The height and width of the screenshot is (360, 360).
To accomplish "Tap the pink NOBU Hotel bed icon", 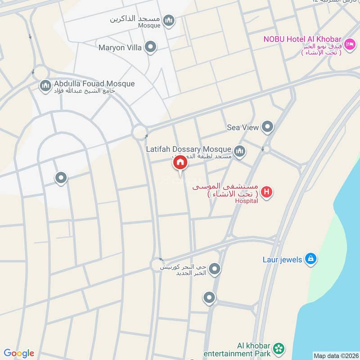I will point(351,44).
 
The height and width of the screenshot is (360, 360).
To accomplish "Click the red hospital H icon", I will point(267,192).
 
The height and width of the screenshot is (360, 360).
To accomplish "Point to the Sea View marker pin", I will point(268,127).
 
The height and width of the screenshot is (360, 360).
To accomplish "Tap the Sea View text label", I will point(243,127).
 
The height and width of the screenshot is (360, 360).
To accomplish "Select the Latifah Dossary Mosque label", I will point(189,148).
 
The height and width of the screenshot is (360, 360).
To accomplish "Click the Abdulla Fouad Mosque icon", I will point(45,85).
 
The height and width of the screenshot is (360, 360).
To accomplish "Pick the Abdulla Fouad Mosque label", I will point(94,84).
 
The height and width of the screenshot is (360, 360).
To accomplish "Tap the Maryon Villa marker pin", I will point(150,47).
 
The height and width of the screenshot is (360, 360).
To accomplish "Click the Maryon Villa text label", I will point(120,47).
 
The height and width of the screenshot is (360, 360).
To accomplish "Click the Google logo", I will point(19,353).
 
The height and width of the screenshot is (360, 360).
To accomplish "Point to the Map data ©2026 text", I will point(336,356).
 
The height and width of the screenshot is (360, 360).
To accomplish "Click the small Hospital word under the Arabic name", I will point(247,201).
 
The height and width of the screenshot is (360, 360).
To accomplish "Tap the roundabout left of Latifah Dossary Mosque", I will point(139,132).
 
